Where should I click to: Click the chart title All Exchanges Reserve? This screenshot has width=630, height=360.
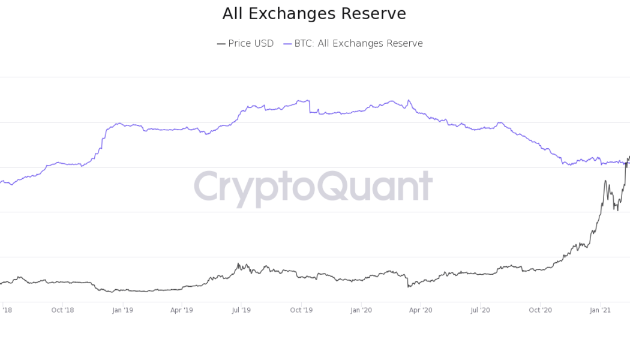(x=314, y=14)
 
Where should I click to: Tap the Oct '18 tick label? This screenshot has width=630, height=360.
(x=62, y=310)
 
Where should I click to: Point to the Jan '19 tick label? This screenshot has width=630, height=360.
(x=122, y=310)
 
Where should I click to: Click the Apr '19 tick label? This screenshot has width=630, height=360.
(x=181, y=310)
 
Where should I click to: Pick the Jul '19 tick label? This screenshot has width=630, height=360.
(x=241, y=310)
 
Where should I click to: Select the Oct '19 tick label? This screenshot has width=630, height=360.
(x=301, y=310)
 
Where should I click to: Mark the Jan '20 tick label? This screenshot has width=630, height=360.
(x=361, y=310)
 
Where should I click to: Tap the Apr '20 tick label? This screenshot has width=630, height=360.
(x=421, y=310)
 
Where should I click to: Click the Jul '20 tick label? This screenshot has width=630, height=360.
(x=480, y=310)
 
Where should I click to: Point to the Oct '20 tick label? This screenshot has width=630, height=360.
(x=540, y=310)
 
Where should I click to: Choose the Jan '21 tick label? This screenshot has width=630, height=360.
(x=600, y=310)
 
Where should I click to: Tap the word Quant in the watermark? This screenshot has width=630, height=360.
(x=374, y=187)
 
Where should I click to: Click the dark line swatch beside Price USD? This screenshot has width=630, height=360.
(x=221, y=44)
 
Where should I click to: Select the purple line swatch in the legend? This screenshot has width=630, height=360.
(x=287, y=44)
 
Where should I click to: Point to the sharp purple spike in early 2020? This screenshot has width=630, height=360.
(x=409, y=100)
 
